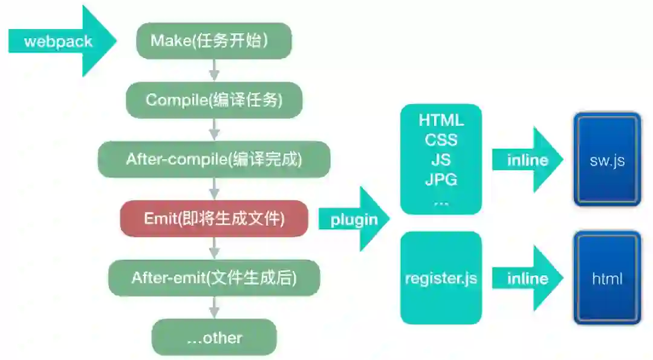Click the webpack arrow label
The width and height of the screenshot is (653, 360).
click(58, 41)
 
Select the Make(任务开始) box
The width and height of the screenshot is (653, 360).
click(214, 41)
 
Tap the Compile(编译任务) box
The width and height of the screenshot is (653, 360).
click(214, 100)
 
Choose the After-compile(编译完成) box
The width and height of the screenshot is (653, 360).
click(214, 159)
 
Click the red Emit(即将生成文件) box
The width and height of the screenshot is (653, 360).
click(214, 218)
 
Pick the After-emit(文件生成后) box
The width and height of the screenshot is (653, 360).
click(214, 278)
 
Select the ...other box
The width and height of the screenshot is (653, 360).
click(214, 337)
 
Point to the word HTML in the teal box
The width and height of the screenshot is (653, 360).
click(441, 120)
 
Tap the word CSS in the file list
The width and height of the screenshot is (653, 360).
click(441, 140)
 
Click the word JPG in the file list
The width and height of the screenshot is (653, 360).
click(441, 179)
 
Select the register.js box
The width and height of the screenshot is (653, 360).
click(441, 278)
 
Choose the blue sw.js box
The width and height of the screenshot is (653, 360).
click(607, 160)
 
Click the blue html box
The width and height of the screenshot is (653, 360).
click(607, 278)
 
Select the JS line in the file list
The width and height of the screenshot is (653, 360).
click(441, 160)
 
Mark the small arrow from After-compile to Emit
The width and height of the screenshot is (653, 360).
click(213, 189)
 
